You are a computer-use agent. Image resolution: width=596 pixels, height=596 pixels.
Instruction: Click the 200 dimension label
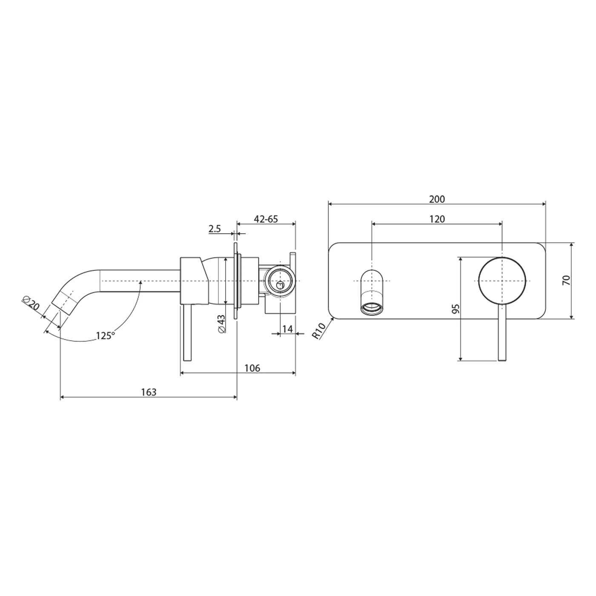click(x=437, y=199)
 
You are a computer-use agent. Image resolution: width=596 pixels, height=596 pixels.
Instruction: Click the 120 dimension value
click(x=437, y=219)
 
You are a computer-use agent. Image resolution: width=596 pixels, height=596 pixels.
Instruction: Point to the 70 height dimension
click(x=566, y=280)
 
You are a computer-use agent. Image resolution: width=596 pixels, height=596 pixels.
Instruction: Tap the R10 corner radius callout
click(x=319, y=330)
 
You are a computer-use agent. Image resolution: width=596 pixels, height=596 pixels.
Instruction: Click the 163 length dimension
click(x=149, y=392)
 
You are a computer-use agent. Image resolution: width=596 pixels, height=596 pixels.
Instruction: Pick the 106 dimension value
click(x=252, y=368)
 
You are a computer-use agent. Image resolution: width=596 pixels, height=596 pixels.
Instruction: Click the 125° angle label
click(x=105, y=335)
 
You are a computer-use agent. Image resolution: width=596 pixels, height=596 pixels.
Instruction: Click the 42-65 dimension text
click(x=266, y=219)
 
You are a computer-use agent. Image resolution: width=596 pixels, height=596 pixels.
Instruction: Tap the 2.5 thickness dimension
click(x=215, y=229)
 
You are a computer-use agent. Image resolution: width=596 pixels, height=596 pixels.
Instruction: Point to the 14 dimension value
click(x=287, y=329)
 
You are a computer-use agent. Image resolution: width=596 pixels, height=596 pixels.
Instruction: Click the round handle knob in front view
click(x=502, y=280)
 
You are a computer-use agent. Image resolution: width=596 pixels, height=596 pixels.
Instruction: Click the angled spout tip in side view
click(x=63, y=302)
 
